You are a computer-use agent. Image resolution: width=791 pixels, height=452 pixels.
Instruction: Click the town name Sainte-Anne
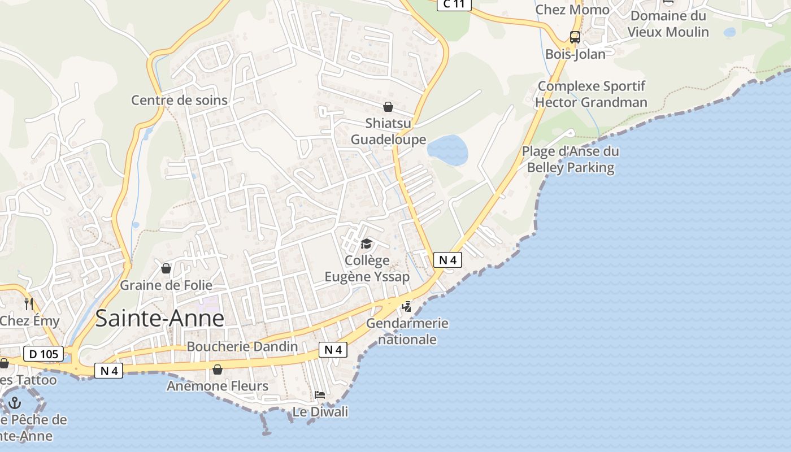tap(160, 319)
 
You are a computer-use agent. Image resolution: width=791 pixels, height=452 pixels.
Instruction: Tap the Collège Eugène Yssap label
tap(367, 268)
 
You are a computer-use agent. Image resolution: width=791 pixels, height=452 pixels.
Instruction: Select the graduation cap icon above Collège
tap(367, 244)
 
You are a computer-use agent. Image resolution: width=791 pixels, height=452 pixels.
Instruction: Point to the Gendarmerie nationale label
tap(407, 331)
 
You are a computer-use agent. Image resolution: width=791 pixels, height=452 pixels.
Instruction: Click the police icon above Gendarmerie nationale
tap(406, 307)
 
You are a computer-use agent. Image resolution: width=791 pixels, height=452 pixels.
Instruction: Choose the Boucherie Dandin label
tap(242, 346)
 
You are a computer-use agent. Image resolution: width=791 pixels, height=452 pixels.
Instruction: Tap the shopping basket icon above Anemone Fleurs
tap(218, 370)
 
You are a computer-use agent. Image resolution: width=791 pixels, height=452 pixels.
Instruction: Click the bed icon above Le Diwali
tap(320, 394)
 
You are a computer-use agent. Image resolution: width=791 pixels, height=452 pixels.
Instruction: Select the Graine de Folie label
tap(166, 285)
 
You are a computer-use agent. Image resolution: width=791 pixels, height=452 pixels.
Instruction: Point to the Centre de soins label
tap(179, 100)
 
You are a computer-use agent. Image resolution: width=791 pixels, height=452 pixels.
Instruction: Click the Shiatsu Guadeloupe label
tap(388, 131)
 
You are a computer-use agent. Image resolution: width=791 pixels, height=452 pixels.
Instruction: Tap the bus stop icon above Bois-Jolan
tap(575, 38)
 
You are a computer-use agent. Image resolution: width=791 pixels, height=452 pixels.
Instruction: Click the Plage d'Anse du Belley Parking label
tap(570, 159)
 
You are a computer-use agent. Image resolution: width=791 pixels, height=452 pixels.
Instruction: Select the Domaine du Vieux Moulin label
tap(668, 24)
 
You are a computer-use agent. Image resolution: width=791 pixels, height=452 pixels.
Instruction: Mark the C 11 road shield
tap(454, 5)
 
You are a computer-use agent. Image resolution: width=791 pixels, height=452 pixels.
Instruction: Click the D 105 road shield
tap(44, 354)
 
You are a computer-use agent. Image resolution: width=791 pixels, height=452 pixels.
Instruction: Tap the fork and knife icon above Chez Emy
tap(29, 304)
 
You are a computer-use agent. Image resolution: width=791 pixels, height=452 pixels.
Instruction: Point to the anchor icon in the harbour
tap(15, 403)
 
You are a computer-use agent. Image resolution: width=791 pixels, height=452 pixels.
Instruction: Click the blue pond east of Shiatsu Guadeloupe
tap(447, 150)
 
